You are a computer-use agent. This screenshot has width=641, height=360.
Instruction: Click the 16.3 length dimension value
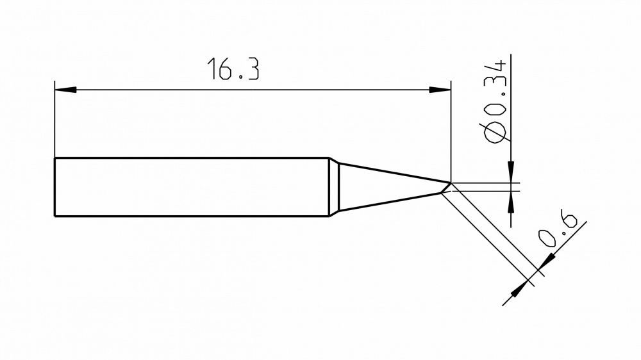[x=233, y=69]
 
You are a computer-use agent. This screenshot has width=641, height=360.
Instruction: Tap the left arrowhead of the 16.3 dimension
[x=65, y=90]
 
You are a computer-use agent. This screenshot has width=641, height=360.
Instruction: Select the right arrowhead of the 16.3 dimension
[x=440, y=90]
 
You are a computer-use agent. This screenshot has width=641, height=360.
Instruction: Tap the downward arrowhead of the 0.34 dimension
[x=511, y=172]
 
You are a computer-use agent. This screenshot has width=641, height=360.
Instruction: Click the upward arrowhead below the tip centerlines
[x=511, y=202]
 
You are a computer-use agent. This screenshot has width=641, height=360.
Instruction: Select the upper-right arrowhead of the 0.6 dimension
[x=547, y=261]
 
